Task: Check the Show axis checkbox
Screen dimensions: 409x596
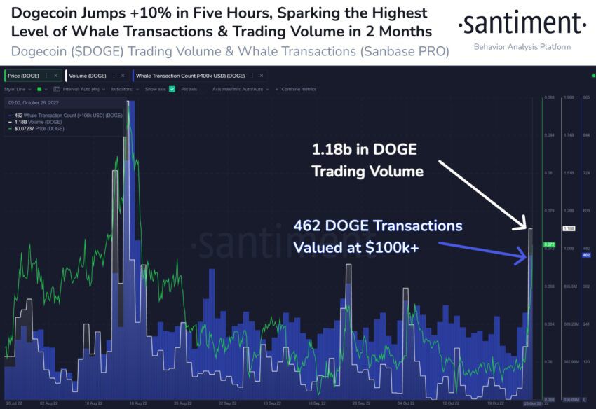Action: (x=172, y=90)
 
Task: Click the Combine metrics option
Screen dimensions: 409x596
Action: (x=298, y=90)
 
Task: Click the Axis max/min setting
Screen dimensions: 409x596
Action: (x=238, y=90)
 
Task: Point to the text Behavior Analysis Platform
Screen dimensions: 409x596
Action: (x=522, y=47)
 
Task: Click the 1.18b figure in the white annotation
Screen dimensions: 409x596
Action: (x=334, y=150)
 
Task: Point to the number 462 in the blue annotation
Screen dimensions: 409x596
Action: (x=306, y=227)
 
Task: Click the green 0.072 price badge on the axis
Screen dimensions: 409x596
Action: (x=550, y=245)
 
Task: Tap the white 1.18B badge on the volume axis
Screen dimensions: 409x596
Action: (x=569, y=229)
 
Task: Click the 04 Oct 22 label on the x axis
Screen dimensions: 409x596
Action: (x=405, y=404)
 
